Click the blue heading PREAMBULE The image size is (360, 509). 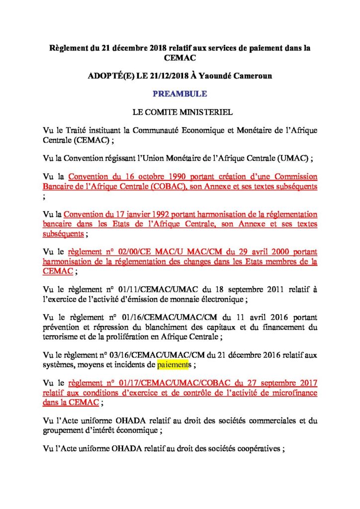[180, 93]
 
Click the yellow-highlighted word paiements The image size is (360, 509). [174, 365]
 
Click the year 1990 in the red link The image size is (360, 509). [168, 177]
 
